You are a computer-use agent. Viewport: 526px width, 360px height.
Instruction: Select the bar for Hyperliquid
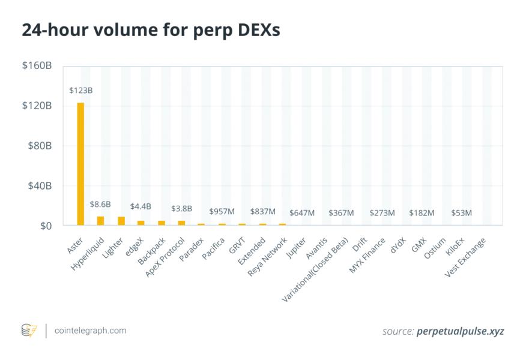pos(100,221)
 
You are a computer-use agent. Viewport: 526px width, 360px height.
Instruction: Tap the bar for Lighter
pos(121,221)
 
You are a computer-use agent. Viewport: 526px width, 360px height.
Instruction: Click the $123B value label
pos(80,91)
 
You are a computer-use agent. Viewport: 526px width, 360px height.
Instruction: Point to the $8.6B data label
pos(100,205)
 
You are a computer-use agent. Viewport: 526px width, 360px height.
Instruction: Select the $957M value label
pos(222,212)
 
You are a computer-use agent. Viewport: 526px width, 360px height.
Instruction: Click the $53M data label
pos(461,213)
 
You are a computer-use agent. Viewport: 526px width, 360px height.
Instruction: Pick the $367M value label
pos(341,213)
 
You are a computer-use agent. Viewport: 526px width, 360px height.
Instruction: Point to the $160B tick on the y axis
pos(37,65)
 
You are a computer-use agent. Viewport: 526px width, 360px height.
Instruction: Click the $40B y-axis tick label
pos(40,186)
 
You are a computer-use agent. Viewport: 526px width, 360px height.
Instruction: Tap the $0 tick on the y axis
pos(45,226)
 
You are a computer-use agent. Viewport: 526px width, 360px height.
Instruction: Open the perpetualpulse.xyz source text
pos(461,331)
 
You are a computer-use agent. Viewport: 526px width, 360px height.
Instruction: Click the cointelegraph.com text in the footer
pos(90,331)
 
